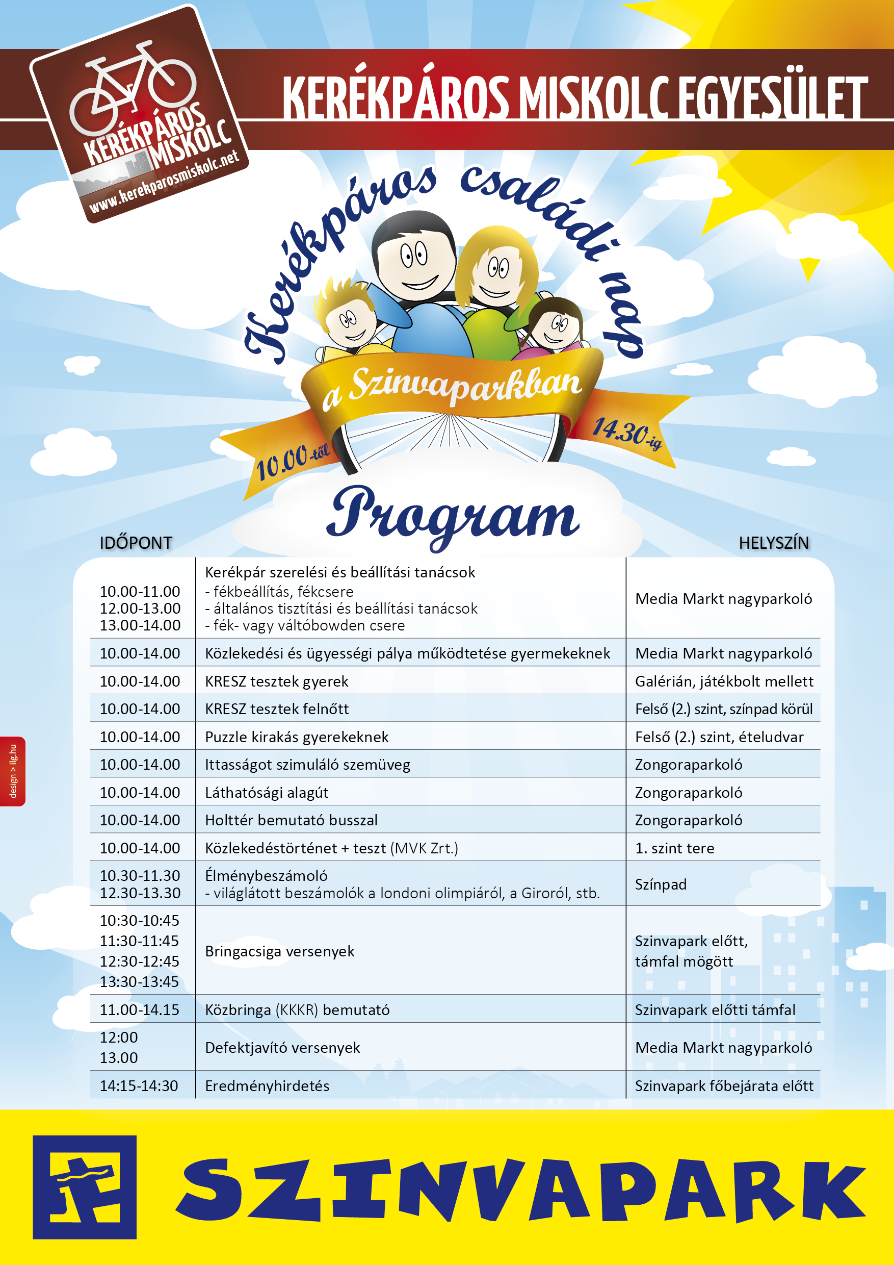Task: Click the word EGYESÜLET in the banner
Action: click(x=772, y=98)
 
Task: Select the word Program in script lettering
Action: click(x=453, y=515)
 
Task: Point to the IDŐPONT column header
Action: click(x=136, y=543)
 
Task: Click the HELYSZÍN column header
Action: click(x=773, y=543)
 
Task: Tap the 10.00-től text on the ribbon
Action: click(x=293, y=460)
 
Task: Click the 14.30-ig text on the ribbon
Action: click(x=626, y=434)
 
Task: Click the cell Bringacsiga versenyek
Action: click(x=280, y=951)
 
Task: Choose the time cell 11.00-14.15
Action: click(x=139, y=1010)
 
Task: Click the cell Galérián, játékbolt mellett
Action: click(x=724, y=681)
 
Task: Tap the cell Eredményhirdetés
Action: click(x=267, y=1086)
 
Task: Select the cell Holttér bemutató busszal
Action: click(x=291, y=820)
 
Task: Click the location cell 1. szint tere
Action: click(x=674, y=848)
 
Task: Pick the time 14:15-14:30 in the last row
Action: click(x=139, y=1086)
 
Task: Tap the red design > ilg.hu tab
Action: click(x=13, y=771)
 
